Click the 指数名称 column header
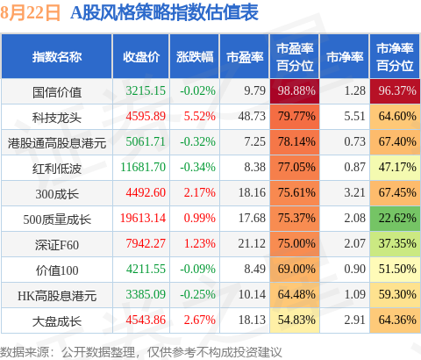tap(57, 57)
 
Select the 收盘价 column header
tap(141, 57)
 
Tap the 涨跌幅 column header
tap(195, 57)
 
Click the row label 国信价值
tap(57, 92)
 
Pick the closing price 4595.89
tap(146, 116)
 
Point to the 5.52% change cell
tap(199, 116)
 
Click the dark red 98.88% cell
tap(295, 91)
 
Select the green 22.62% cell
tap(395, 219)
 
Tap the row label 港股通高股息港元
tap(57, 143)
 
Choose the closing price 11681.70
tap(143, 167)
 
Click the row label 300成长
tap(57, 194)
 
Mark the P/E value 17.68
tap(252, 218)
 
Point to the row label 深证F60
tap(57, 245)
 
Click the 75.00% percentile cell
tap(295, 244)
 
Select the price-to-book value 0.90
tap(354, 269)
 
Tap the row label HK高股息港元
tap(57, 296)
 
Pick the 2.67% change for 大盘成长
tap(199, 320)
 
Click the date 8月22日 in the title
tap(31, 13)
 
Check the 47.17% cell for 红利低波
tap(395, 168)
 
